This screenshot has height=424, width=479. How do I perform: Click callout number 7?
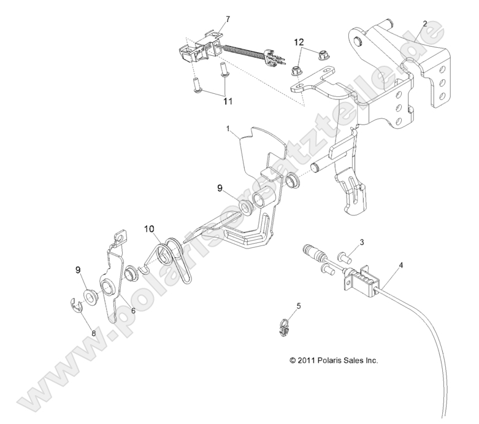228,20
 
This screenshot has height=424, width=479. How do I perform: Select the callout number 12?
299,42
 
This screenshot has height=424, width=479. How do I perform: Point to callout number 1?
228,129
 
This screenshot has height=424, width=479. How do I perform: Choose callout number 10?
149,229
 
